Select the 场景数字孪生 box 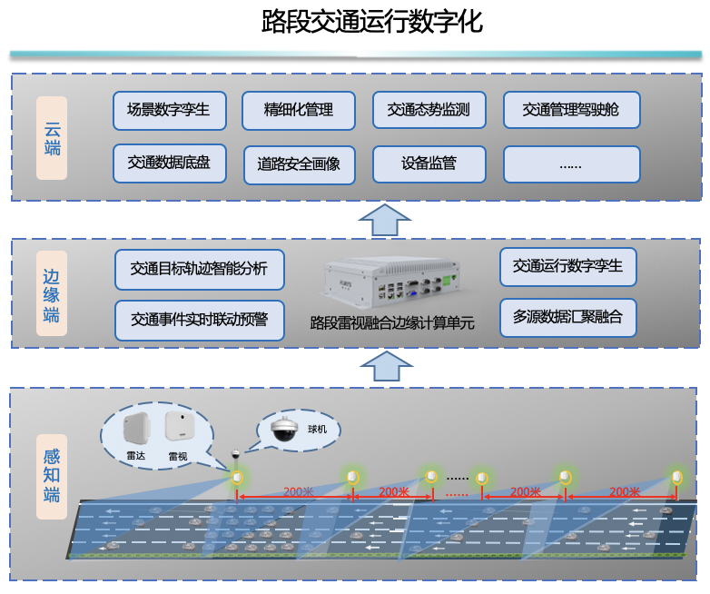[170, 111]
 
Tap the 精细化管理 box [299, 111]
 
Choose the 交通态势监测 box [429, 111]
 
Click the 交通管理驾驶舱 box [571, 111]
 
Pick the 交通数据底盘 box [170, 163]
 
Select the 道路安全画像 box [299, 164]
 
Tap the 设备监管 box [429, 164]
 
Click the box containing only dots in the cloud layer [571, 164]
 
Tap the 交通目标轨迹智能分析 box [199, 269]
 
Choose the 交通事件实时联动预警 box [199, 320]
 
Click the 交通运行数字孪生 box [567, 266]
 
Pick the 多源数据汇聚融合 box [567, 318]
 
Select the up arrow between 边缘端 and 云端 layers [385, 221]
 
